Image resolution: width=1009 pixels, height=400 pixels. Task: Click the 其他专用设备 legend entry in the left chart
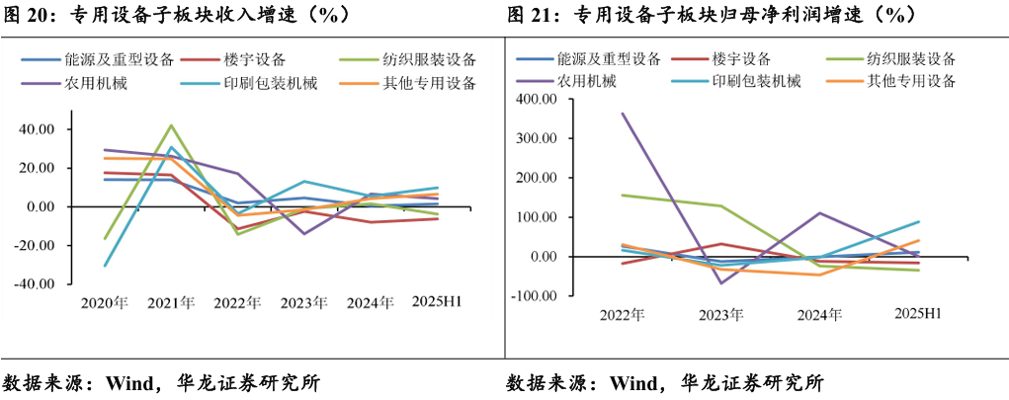(x=426, y=83)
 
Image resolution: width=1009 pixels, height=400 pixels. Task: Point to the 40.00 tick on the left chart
(x=40, y=128)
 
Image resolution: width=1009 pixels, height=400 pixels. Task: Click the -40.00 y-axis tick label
(x=38, y=283)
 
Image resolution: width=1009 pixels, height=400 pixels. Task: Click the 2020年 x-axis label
(x=105, y=302)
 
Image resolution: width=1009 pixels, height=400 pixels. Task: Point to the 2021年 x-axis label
(x=172, y=302)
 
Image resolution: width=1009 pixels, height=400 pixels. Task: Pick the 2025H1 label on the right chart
(x=917, y=314)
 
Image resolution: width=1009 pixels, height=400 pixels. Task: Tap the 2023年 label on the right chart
(x=721, y=315)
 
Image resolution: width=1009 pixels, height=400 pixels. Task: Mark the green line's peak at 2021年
(x=172, y=125)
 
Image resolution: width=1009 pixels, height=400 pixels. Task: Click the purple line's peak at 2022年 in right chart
(x=623, y=114)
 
